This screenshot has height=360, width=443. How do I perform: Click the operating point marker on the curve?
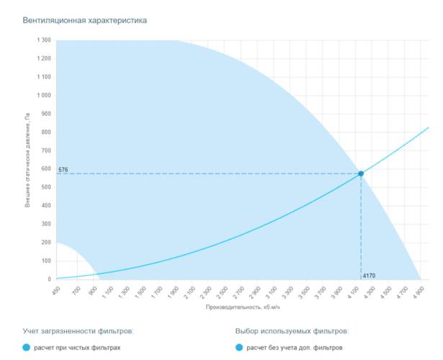click(361, 174)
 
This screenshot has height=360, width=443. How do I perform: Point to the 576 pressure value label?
click(63, 169)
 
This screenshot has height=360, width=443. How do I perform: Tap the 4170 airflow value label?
click(369, 275)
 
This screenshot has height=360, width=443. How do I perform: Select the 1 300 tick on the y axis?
click(43, 40)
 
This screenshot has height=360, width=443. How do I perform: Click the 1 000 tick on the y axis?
click(43, 96)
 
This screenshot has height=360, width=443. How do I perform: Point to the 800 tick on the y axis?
click(45, 132)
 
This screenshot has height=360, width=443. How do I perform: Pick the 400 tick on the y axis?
click(45, 206)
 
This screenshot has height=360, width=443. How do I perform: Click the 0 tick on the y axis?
click(48, 279)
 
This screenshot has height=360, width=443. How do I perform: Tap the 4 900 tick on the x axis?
click(419, 292)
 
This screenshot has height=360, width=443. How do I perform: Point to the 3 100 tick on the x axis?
click(272, 292)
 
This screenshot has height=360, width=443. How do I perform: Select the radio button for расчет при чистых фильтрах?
click(27, 348)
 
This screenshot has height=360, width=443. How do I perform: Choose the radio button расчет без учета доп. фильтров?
click(239, 348)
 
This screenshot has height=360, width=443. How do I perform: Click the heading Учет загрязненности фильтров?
click(78, 331)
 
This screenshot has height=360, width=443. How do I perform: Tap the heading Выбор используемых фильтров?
click(292, 331)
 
